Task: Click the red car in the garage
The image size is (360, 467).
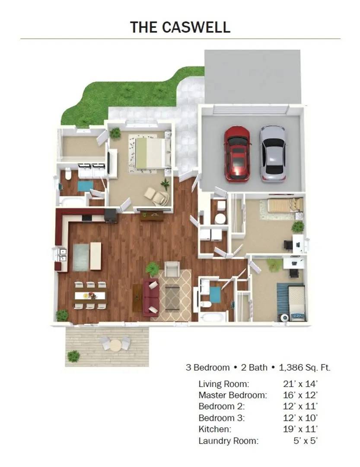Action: (x=237, y=154)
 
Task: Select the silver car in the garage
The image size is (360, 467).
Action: (x=272, y=154)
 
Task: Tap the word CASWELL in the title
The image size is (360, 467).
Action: (x=196, y=27)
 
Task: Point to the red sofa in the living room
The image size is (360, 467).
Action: (x=151, y=297)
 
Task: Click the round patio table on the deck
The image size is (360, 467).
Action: (x=115, y=345)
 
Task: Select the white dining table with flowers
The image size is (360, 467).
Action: (x=90, y=295)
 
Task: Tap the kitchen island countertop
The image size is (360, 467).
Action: (x=95, y=256)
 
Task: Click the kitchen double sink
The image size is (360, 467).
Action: (x=63, y=255)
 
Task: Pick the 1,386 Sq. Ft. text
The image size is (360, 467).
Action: (x=304, y=368)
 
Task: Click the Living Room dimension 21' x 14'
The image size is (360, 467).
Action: (x=300, y=384)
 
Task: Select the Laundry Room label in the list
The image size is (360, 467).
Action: (x=228, y=441)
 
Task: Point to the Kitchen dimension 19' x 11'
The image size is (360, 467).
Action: (x=300, y=429)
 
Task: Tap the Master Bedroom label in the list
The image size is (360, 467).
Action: (x=233, y=395)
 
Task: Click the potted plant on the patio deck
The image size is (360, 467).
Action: (x=73, y=355)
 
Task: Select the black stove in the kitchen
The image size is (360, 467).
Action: (x=111, y=216)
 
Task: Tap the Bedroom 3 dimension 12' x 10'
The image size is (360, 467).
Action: (x=300, y=418)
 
